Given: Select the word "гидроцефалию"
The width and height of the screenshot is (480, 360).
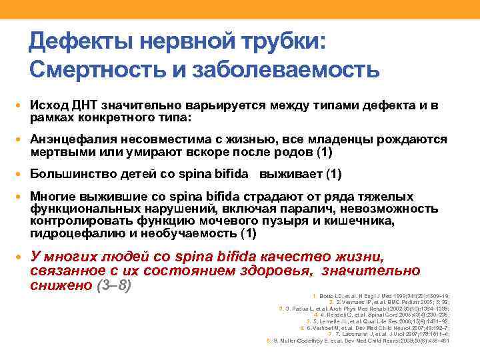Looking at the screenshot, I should [x=73, y=233].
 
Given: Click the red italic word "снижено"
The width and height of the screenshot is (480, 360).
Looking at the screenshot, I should [x=61, y=285].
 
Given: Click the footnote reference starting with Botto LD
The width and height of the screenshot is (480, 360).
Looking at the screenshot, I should [x=383, y=295].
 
